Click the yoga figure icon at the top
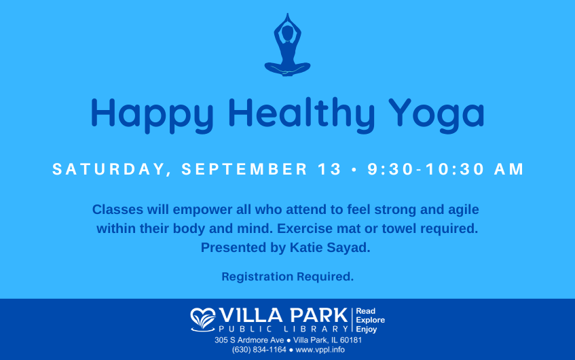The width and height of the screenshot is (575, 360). (x=288, y=46)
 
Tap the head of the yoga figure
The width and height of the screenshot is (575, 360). (x=288, y=33)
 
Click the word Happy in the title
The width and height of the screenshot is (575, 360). (x=152, y=115)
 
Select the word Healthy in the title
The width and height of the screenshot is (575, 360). (x=301, y=115)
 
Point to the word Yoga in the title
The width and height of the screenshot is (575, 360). (x=437, y=115)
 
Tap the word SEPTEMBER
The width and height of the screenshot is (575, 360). (x=244, y=169)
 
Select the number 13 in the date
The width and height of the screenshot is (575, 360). (x=329, y=169)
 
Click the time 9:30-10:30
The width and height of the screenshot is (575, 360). (x=426, y=169)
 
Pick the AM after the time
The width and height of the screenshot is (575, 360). (x=509, y=169)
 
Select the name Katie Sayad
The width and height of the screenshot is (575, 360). (x=330, y=248)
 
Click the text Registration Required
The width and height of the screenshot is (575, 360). (x=288, y=276)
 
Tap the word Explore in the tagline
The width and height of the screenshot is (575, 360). (x=371, y=320)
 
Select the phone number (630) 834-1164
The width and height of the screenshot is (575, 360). (x=259, y=350)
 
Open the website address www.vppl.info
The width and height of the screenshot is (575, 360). (x=320, y=350)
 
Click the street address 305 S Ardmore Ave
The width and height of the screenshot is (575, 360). (x=249, y=340)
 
